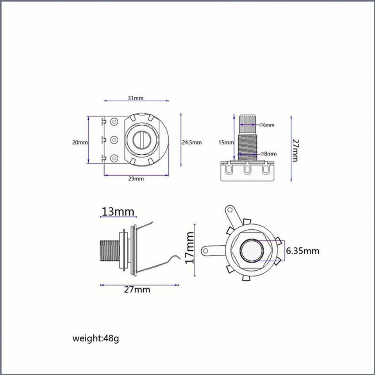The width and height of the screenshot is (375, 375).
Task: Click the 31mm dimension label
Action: click(x=136, y=98)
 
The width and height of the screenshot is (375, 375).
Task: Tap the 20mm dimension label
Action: click(x=80, y=142)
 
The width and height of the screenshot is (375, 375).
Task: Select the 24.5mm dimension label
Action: click(x=192, y=142)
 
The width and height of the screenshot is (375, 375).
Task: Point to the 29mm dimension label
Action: click(x=136, y=179)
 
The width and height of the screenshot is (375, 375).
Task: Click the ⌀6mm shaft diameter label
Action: click(x=267, y=125)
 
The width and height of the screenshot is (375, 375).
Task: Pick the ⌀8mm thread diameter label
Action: click(x=268, y=154)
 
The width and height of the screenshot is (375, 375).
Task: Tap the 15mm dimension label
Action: click(x=226, y=143)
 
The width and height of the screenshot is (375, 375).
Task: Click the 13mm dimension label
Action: click(x=118, y=212)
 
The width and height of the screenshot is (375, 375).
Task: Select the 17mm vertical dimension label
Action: click(x=190, y=248)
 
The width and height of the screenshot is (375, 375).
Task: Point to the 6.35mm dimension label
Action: click(x=302, y=251)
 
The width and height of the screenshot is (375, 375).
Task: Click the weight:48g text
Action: click(x=96, y=338)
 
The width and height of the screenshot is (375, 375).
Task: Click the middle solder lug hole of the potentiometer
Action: click(x=114, y=140)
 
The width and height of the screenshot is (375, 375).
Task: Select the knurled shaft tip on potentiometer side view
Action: click(x=248, y=125)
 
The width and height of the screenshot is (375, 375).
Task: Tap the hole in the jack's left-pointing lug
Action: click(x=205, y=251)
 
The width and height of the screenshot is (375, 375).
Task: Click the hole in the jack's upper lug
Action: click(x=230, y=210)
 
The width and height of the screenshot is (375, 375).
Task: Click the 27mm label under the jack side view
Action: click(x=137, y=289)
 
